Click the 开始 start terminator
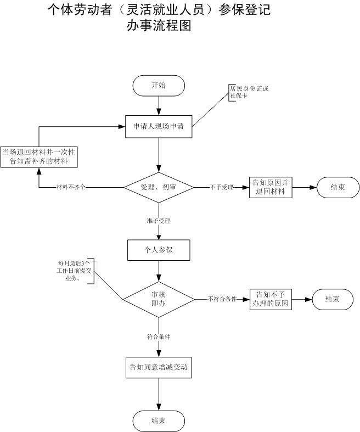(159, 85)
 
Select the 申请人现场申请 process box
(159, 126)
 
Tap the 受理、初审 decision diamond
(159, 187)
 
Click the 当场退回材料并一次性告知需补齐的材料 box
(38, 156)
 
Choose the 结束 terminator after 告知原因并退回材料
(337, 187)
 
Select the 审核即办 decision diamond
(159, 299)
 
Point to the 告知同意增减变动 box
(159, 367)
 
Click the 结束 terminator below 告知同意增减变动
(159, 421)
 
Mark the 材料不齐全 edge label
(71, 187)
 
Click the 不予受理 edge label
(222, 187)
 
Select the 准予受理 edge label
(159, 221)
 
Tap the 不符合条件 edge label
(222, 299)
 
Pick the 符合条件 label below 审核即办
(159, 336)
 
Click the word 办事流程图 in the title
(159, 25)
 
